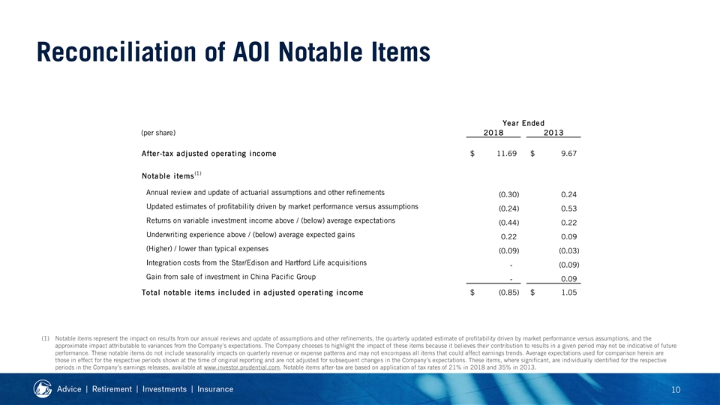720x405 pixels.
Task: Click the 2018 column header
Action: pos(493,133)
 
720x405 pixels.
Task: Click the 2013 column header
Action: pos(553,133)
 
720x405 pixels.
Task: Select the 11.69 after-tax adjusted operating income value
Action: pos(506,153)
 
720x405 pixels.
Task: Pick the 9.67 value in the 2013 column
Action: pos(569,153)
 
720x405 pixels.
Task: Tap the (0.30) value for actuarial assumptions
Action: pos(508,194)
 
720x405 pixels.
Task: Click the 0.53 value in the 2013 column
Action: pos(569,208)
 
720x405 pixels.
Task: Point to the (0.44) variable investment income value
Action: pos(508,223)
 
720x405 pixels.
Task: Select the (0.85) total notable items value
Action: pos(508,292)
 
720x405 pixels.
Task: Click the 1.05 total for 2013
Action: pos(569,292)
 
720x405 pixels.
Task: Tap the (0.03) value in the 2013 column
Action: pos(569,250)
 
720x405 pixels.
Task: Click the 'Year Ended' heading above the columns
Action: pos(523,123)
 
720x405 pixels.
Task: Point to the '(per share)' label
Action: pos(158,133)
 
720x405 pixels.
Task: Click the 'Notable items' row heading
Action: pos(168,175)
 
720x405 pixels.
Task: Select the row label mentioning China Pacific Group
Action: pos(231,277)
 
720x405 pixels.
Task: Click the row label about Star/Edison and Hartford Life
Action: pos(256,262)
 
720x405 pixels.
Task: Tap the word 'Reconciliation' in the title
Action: pos(116,52)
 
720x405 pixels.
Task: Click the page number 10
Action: pos(676,390)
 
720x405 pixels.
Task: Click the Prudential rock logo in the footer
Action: pos(43,389)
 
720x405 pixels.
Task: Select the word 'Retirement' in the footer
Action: pos(112,389)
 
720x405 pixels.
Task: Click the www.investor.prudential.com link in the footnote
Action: pos(241,367)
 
